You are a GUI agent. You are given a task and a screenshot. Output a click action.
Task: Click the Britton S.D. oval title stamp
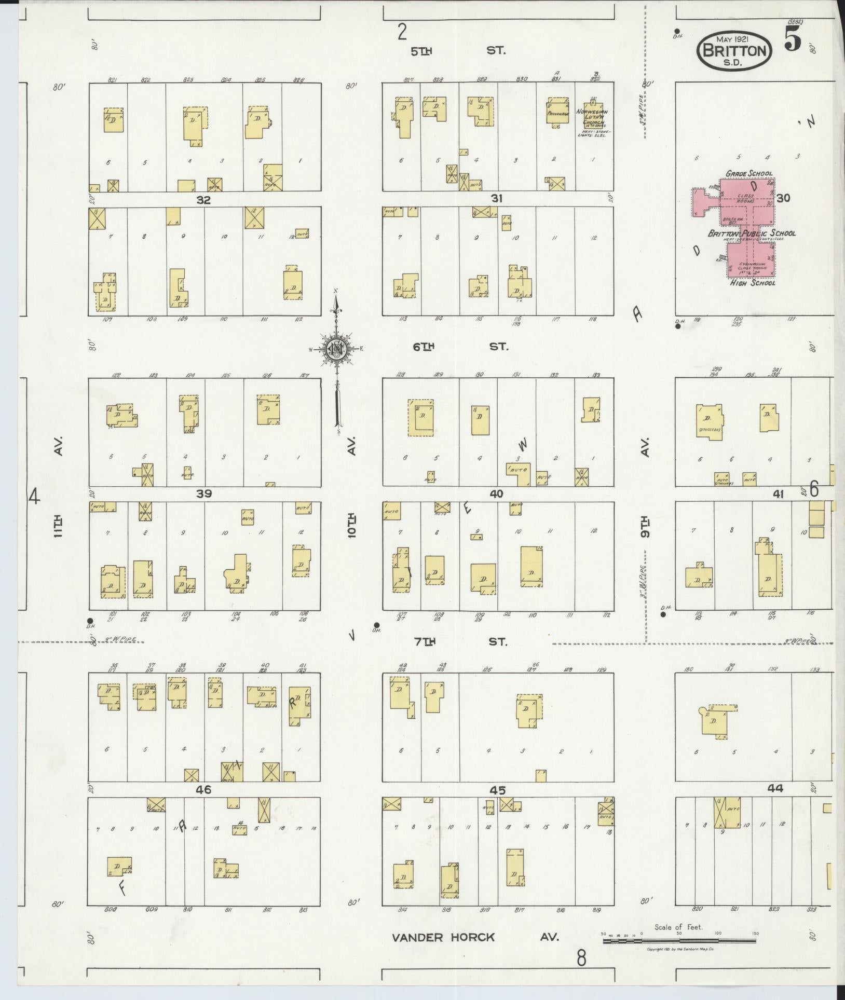click(733, 51)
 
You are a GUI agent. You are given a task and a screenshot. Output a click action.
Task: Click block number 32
click(203, 200)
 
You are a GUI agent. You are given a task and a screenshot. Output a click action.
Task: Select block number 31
click(497, 199)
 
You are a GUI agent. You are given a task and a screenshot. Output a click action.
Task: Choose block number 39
click(203, 494)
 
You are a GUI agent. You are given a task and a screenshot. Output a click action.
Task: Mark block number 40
click(496, 494)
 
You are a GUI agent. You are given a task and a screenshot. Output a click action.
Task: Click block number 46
click(203, 790)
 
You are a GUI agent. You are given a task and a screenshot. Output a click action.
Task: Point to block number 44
click(775, 788)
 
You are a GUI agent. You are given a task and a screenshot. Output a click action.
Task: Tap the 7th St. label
click(459, 642)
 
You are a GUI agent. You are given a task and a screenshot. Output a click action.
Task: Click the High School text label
click(752, 283)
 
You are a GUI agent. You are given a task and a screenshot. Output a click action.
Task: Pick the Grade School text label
click(748, 173)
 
